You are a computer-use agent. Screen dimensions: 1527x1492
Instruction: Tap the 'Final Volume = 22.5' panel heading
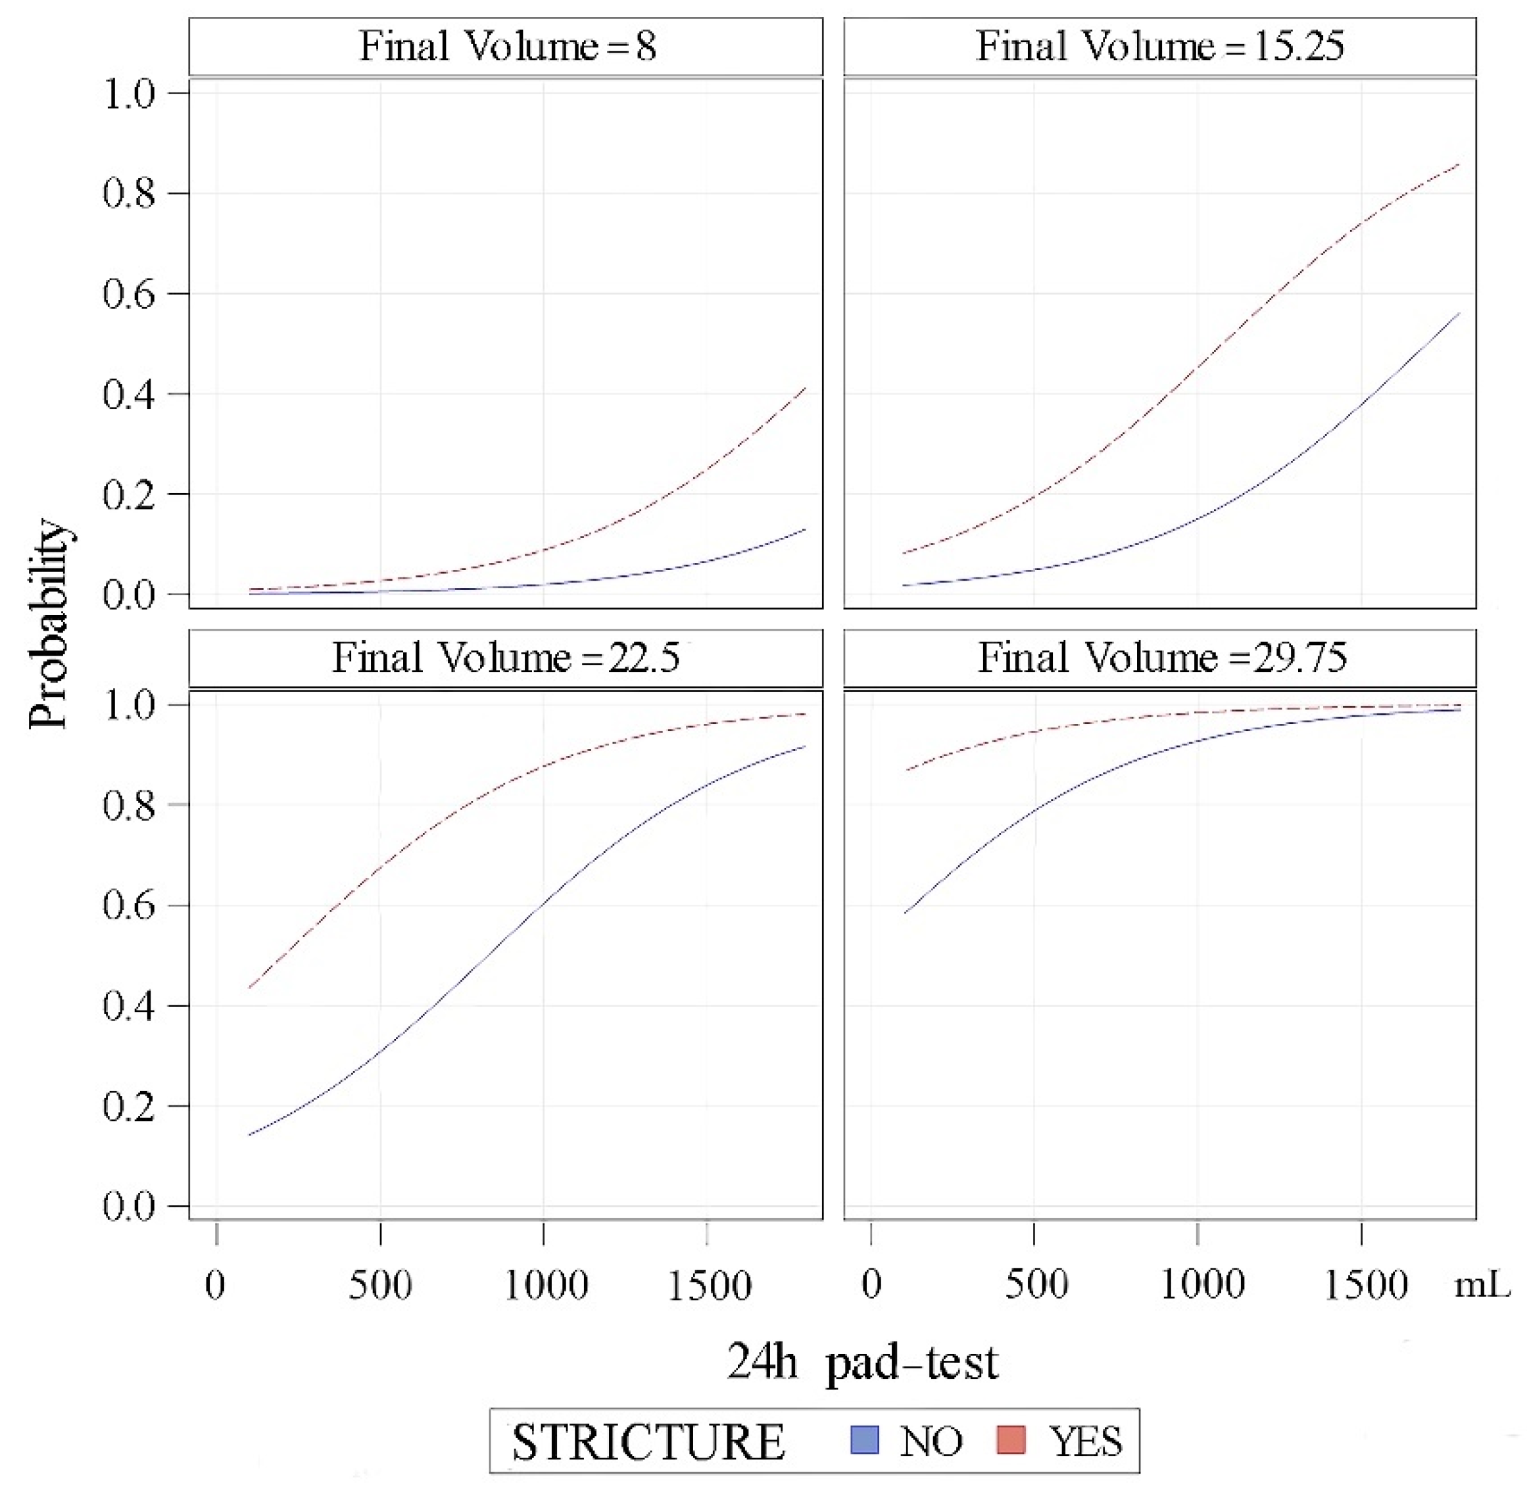[506, 658]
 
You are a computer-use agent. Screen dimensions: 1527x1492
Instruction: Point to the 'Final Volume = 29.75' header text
[1162, 658]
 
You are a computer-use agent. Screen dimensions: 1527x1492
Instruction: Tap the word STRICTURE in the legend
[648, 1442]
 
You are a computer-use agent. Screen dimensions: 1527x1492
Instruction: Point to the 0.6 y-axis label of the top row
[128, 294]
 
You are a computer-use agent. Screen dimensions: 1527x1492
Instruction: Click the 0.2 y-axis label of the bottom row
[128, 1105]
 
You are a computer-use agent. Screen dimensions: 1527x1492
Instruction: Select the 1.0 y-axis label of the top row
[128, 93]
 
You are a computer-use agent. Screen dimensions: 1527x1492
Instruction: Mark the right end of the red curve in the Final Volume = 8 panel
[806, 388]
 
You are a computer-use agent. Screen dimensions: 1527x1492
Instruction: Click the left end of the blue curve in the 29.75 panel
[905, 913]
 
